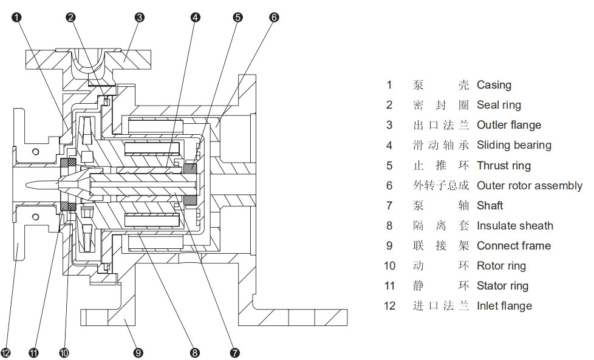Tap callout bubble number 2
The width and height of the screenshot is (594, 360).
(x=71, y=17)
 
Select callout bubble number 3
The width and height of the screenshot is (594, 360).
(x=139, y=17)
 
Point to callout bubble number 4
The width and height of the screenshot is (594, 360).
(x=195, y=17)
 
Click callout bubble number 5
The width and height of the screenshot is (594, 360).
(x=237, y=17)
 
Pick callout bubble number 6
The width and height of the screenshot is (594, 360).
(x=274, y=17)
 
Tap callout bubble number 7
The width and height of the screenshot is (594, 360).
(x=235, y=352)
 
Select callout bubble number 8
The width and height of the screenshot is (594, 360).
(x=195, y=352)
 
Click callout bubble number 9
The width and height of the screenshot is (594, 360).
(x=138, y=352)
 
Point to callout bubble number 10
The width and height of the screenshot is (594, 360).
(x=64, y=352)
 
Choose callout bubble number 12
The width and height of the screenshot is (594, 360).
(x=5, y=352)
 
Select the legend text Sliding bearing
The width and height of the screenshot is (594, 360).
(x=514, y=145)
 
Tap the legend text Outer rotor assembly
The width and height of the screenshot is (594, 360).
(x=529, y=185)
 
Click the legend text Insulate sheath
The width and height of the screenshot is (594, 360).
(x=514, y=226)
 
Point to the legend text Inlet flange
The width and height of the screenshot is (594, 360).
(x=504, y=306)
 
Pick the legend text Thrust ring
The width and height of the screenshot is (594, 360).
(x=504, y=165)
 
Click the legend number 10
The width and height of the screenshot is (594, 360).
(x=389, y=266)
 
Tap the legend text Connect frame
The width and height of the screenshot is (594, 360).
(x=514, y=246)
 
